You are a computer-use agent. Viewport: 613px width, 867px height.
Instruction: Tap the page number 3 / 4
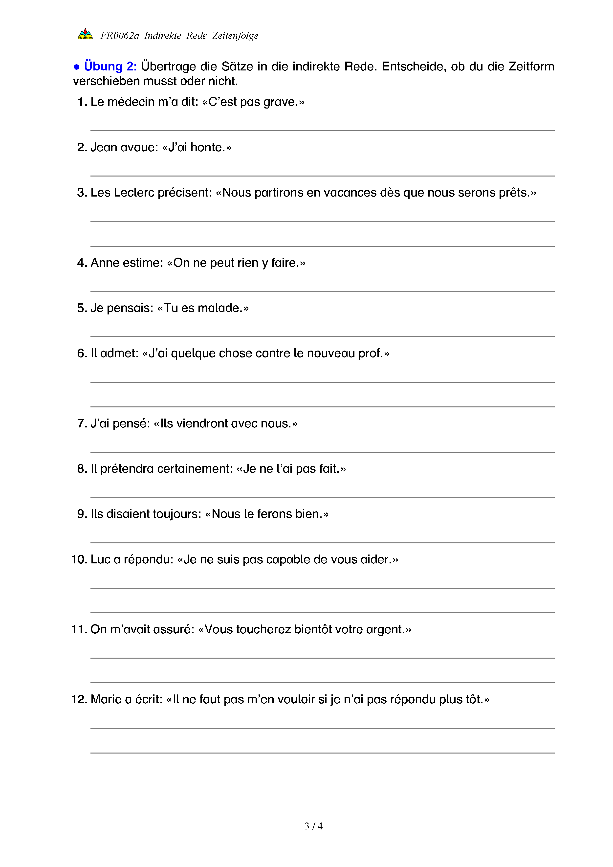point(313,826)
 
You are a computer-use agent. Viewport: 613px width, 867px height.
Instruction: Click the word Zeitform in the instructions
point(531,67)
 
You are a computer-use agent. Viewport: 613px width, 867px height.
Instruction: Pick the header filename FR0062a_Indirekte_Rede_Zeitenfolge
point(179,36)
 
